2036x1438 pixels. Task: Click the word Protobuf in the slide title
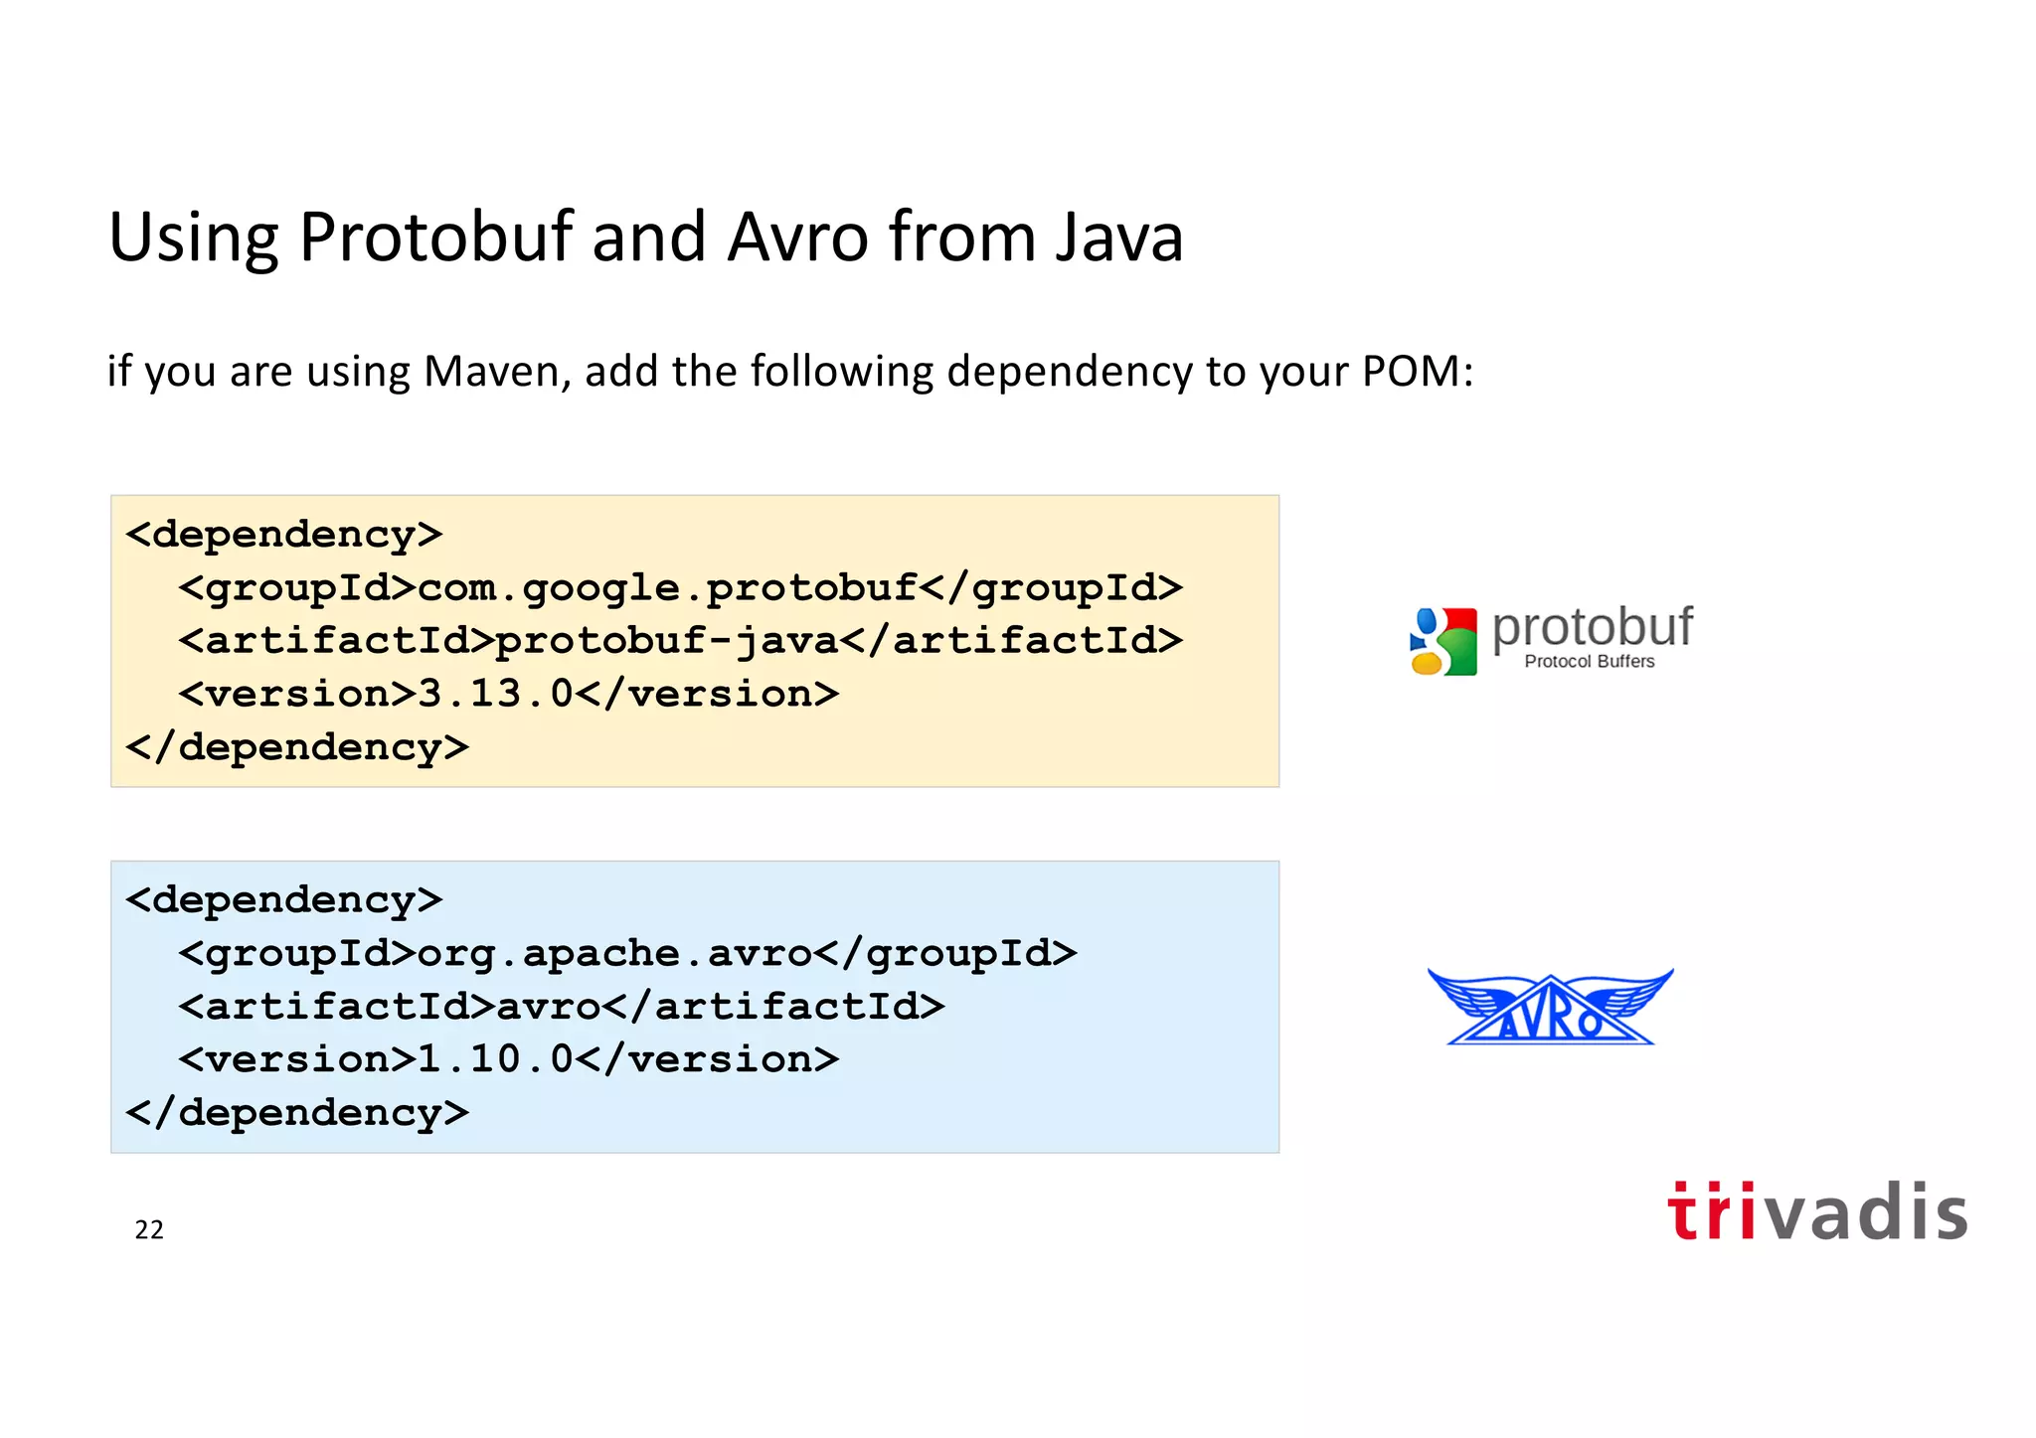click(435, 238)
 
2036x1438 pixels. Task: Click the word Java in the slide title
click(1118, 238)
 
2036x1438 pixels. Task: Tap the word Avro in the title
click(797, 238)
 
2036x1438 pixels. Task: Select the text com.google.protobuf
click(666, 587)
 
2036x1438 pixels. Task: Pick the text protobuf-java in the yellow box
click(666, 641)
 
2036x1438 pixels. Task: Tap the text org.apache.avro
click(613, 953)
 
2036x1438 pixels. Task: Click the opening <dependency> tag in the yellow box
click(283, 535)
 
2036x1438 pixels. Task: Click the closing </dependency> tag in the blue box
click(296, 1112)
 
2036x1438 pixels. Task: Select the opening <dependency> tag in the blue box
click(283, 900)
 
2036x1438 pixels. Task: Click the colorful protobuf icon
click(1443, 641)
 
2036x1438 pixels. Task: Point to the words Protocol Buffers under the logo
click(1589, 662)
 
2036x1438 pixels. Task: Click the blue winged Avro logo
click(1550, 1008)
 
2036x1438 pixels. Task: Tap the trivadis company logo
click(1816, 1211)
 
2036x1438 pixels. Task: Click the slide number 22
click(149, 1230)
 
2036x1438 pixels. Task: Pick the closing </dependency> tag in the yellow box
click(296, 747)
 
